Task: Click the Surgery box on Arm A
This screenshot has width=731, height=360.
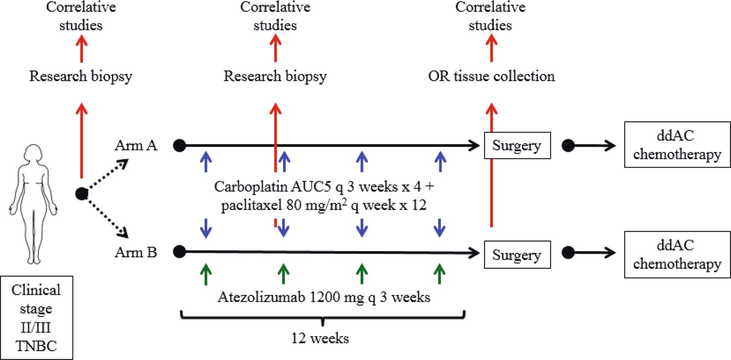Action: (x=517, y=145)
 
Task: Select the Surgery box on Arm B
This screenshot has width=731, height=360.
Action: (x=517, y=255)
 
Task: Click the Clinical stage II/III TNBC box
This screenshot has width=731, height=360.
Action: (x=37, y=317)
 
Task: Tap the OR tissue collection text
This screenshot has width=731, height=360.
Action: (x=491, y=76)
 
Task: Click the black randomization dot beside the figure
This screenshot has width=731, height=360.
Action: (x=82, y=194)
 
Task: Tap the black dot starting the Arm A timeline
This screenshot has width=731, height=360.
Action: (x=179, y=145)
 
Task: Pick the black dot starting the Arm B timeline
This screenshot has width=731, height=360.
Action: (x=179, y=252)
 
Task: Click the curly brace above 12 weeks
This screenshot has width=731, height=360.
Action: (x=323, y=317)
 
